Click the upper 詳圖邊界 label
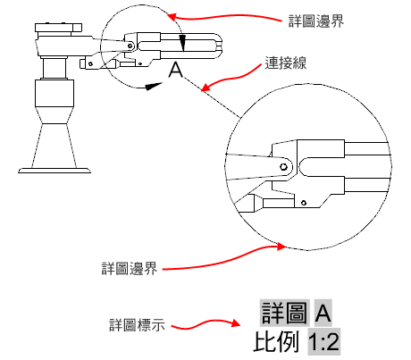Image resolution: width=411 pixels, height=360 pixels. (x=316, y=21)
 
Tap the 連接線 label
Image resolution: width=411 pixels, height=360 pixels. (x=286, y=63)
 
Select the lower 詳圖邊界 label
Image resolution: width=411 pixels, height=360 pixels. (x=130, y=269)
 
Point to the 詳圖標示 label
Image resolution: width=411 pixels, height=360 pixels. (x=137, y=325)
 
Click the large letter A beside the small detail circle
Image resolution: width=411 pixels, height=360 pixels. (x=176, y=71)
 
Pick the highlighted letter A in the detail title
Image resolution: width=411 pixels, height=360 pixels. (x=323, y=313)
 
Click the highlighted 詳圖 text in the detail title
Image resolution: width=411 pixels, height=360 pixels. (x=284, y=313)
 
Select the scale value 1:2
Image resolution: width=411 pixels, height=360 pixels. (x=323, y=341)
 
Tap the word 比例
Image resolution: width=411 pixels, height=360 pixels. (x=276, y=341)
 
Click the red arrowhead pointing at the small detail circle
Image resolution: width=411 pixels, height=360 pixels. (x=172, y=16)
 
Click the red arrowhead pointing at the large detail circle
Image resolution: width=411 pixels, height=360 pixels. (x=281, y=247)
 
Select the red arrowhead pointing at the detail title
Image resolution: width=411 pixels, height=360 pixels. (x=236, y=323)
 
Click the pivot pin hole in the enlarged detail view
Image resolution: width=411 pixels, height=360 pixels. (x=283, y=166)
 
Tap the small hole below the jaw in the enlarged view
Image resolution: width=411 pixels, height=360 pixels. (x=304, y=203)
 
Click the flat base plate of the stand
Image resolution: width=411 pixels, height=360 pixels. (x=55, y=171)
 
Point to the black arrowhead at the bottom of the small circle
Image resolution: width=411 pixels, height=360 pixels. (x=155, y=86)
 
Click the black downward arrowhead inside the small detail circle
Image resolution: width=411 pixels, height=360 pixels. (x=182, y=44)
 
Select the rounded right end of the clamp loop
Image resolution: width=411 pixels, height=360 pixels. (x=218, y=46)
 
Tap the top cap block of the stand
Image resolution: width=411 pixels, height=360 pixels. (x=58, y=28)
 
